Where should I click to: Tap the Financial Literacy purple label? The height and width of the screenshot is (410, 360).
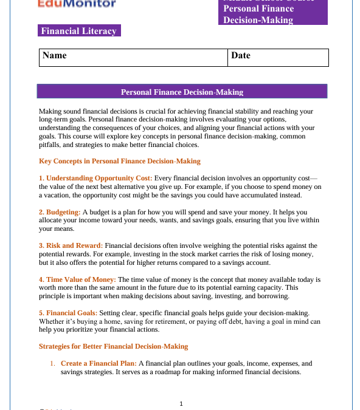[78, 31]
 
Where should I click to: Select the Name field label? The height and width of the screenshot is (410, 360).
[55, 55]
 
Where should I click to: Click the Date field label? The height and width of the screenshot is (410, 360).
[241, 55]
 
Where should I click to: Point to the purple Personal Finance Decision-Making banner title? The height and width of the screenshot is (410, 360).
[182, 92]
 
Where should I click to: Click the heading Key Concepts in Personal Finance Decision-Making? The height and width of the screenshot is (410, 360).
[119, 161]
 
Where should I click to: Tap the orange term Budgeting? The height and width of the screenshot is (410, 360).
[63, 212]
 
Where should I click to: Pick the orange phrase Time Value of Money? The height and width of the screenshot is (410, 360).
[81, 279]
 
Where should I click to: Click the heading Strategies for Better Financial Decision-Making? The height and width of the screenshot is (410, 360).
[113, 346]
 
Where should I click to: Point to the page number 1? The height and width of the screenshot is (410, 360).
[181, 403]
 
